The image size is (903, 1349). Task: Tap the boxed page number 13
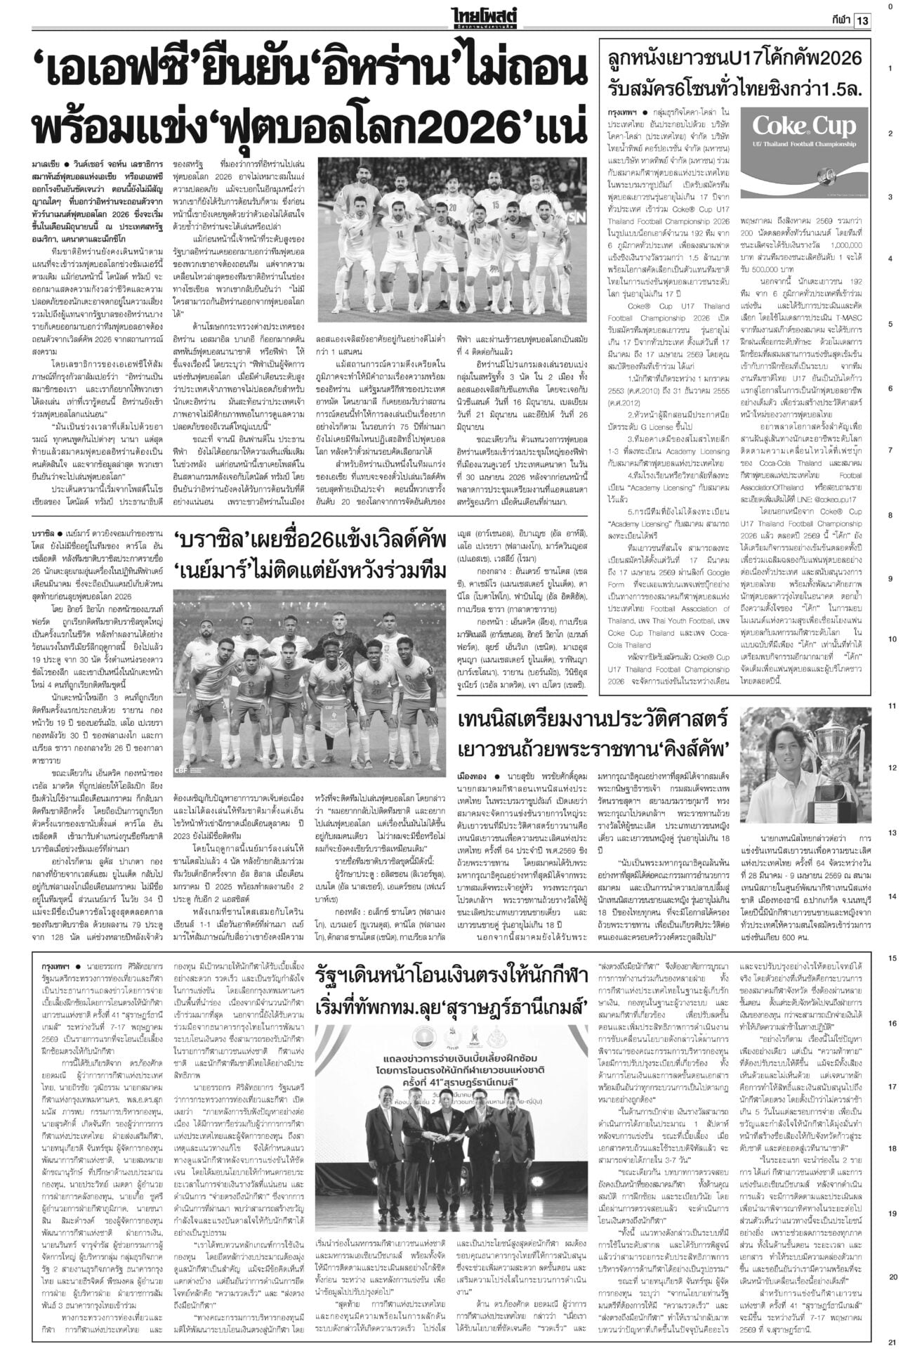click(862, 21)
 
